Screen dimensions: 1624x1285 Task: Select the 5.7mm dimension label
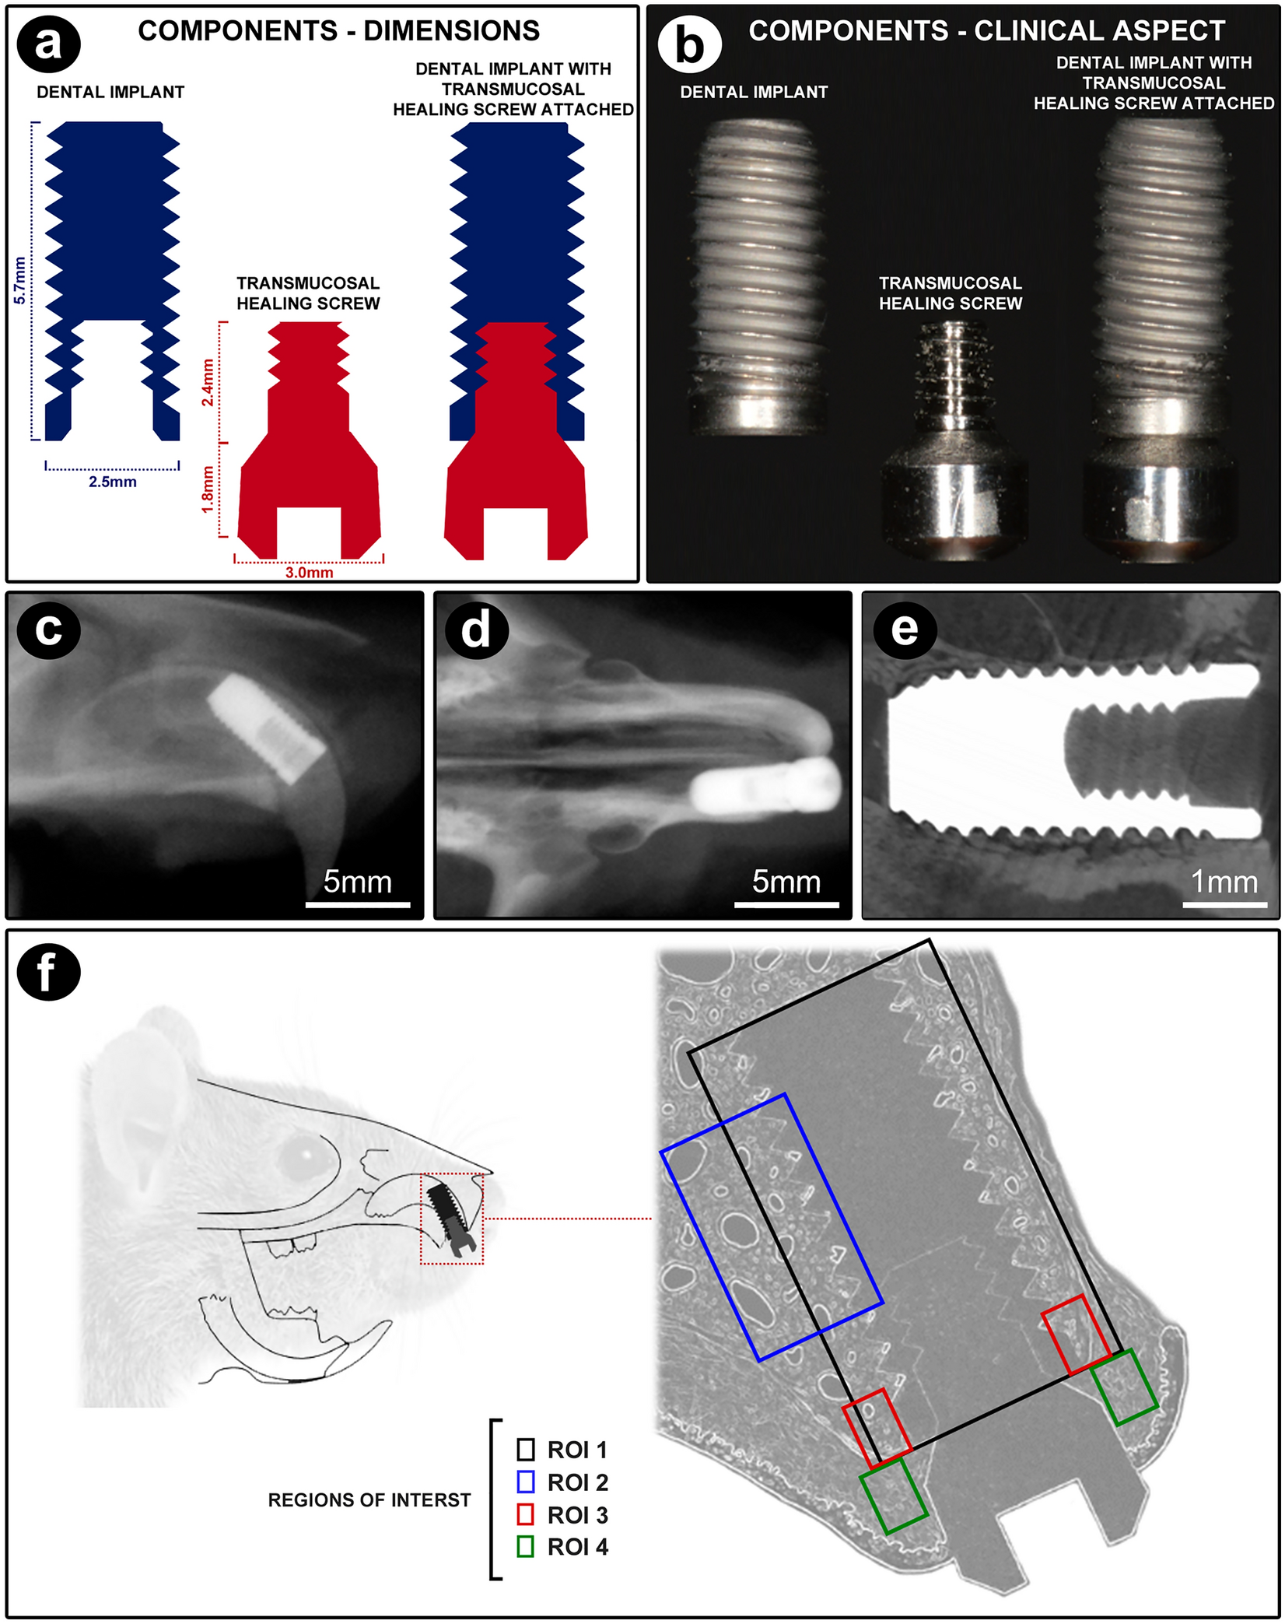19,280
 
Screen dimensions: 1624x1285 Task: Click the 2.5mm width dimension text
112,482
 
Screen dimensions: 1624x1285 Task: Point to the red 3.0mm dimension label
309,573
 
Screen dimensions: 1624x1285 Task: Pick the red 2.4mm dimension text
208,382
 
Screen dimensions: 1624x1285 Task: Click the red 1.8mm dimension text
208,489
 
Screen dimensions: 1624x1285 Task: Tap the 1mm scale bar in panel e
1225,905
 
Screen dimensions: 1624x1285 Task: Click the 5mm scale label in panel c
357,882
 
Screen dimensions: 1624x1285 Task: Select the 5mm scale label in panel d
786,882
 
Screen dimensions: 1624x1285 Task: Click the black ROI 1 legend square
525,1449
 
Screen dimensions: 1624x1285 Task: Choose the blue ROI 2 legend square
525,1482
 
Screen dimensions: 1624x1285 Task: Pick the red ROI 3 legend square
525,1514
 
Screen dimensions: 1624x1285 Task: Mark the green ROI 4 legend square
525,1546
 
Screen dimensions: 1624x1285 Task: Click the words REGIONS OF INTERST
369,1499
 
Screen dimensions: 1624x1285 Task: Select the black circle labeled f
48,972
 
